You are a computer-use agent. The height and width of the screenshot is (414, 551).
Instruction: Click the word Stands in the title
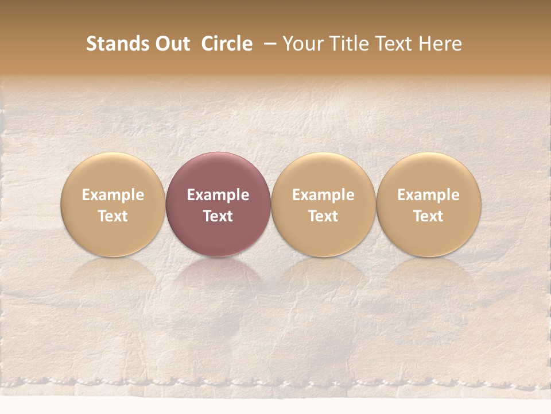[116, 44]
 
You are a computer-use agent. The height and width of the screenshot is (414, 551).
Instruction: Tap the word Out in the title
[170, 44]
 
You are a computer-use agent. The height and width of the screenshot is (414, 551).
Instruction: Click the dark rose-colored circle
[218, 204]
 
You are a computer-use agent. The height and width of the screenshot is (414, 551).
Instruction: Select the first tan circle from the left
[113, 204]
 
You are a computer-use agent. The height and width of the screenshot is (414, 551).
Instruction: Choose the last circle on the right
[429, 204]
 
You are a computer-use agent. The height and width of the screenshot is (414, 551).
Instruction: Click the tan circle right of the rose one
[323, 204]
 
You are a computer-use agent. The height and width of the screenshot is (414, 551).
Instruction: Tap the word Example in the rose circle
[218, 195]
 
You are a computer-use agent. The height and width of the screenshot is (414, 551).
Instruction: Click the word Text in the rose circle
[218, 216]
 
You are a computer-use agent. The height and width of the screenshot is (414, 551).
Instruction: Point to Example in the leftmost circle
[113, 195]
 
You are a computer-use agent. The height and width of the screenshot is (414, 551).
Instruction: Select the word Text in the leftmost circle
[113, 216]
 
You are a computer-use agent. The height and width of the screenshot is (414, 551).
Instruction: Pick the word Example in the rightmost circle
[429, 195]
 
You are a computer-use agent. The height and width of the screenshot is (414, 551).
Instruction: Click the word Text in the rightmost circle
[429, 216]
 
